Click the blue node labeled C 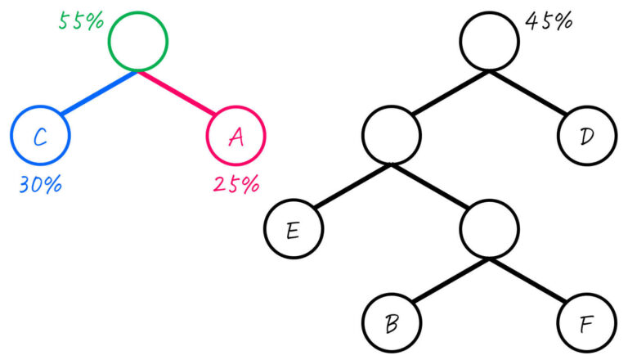pyautogui.click(x=40, y=137)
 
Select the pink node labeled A pyautogui.click(x=236, y=137)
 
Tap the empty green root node pyautogui.click(x=138, y=41)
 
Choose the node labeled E pyautogui.click(x=293, y=230)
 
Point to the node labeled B pyautogui.click(x=391, y=325)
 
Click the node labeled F pyautogui.click(x=587, y=325)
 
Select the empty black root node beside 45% pyautogui.click(x=489, y=41)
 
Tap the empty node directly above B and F pyautogui.click(x=489, y=230)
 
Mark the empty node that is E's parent pyautogui.click(x=391, y=136)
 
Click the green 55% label pyautogui.click(x=80, y=20)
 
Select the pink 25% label pyautogui.click(x=235, y=184)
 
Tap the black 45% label pyautogui.click(x=548, y=21)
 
